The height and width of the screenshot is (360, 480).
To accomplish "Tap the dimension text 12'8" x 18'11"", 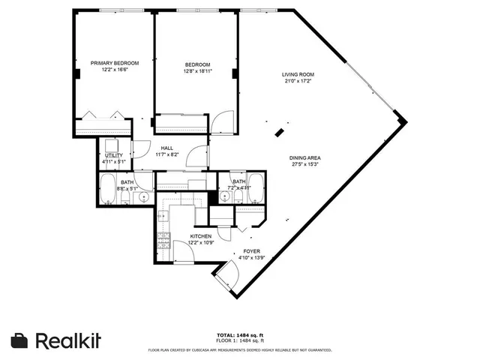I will click(x=198, y=71).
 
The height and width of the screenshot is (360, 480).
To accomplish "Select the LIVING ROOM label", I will click(x=297, y=74).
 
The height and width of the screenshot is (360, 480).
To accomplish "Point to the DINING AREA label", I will click(x=305, y=157).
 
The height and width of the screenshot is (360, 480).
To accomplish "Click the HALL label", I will click(x=166, y=148).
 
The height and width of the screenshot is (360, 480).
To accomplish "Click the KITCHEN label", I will click(x=190, y=236).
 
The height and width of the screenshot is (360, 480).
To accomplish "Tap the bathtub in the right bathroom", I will click(x=256, y=187).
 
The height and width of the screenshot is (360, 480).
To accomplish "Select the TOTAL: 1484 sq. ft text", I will click(x=239, y=335).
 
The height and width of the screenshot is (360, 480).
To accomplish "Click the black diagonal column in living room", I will click(x=279, y=133).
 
